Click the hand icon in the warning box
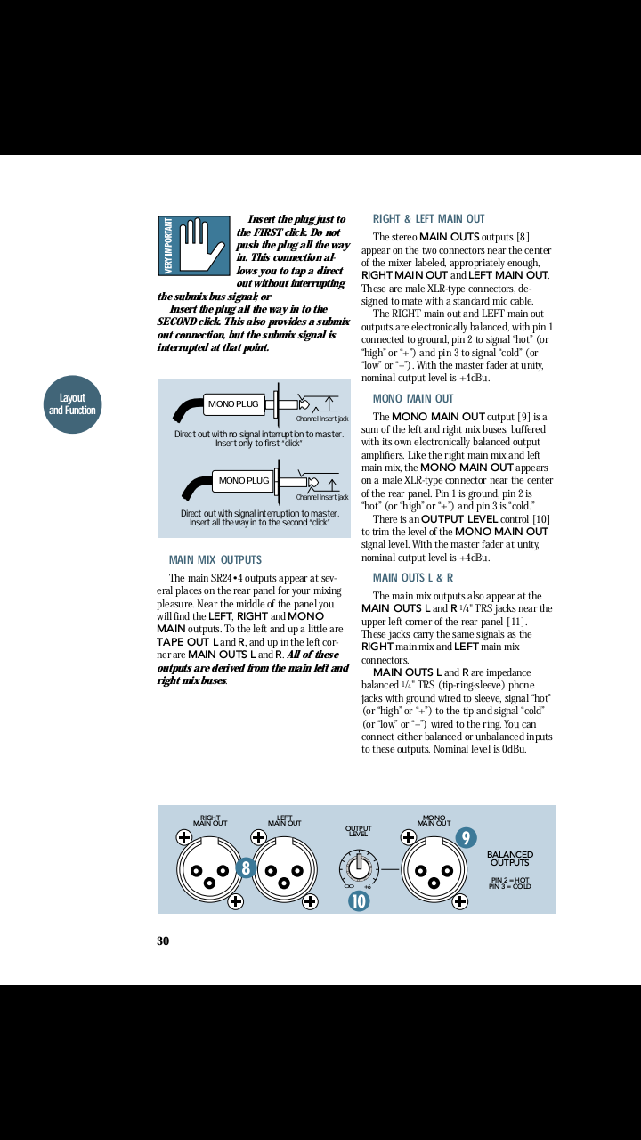tap(204, 244)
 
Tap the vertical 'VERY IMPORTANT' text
tap(168, 246)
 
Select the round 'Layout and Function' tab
tap(72, 404)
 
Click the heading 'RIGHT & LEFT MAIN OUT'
tap(428, 219)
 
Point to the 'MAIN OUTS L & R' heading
tap(412, 578)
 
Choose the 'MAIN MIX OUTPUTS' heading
tap(215, 560)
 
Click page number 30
tap(163, 941)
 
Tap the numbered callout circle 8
tap(247, 867)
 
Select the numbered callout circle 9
tap(465, 838)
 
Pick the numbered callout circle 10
tap(358, 900)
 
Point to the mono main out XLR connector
tap(434, 870)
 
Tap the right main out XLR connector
tap(209, 870)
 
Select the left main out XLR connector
tap(284, 870)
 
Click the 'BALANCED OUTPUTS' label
tap(510, 859)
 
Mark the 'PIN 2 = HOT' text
tap(510, 880)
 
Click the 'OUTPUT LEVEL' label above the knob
tap(358, 832)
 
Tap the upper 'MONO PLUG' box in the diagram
tap(233, 404)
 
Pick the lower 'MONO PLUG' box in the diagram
tap(244, 481)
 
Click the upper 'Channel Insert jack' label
tap(322, 419)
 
